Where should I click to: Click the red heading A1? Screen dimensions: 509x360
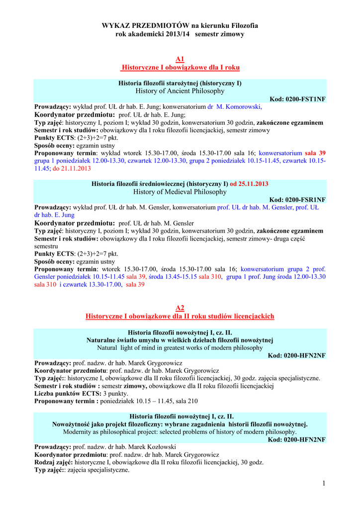180,59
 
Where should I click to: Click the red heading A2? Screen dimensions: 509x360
180,308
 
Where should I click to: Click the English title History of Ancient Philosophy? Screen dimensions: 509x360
180,91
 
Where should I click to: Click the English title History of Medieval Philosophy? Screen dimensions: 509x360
180,192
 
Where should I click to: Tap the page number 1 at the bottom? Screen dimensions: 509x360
323,484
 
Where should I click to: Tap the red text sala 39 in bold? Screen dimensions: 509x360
315,153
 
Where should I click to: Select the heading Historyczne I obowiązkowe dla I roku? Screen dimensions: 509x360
180,67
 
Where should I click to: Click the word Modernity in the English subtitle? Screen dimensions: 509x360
80,432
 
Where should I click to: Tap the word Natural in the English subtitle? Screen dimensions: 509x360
108,348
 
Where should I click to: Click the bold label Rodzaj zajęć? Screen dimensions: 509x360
53,462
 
